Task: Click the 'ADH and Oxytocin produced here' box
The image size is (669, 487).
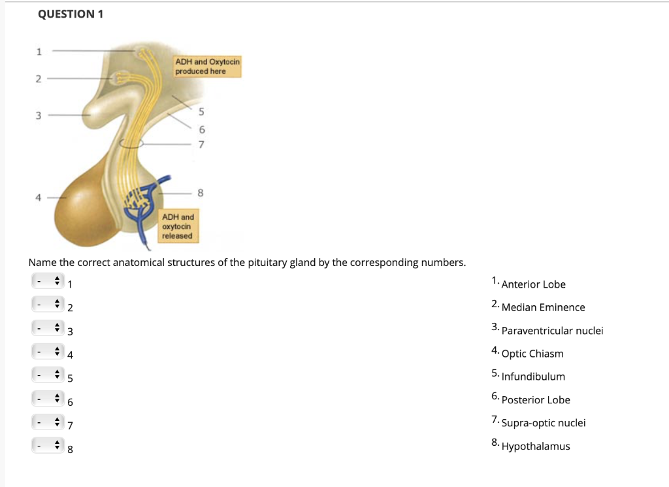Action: [207, 66]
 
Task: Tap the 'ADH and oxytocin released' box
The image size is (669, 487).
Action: [178, 226]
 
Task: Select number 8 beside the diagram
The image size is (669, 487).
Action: [201, 193]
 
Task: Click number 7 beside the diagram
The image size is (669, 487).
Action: [201, 144]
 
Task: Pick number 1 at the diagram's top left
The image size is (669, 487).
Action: [39, 50]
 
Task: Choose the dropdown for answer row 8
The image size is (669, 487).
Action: [48, 448]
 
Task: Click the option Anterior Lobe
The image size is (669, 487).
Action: [533, 284]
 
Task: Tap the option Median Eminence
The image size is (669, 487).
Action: [543, 307]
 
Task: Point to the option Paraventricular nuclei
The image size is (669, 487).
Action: [552, 331]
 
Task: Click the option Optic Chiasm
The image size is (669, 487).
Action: [532, 354]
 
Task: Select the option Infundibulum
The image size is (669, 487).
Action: [533, 377]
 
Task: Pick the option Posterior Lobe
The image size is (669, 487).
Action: [535, 400]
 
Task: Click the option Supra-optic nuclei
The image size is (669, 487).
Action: [543, 423]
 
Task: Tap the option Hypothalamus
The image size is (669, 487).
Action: [535, 446]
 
